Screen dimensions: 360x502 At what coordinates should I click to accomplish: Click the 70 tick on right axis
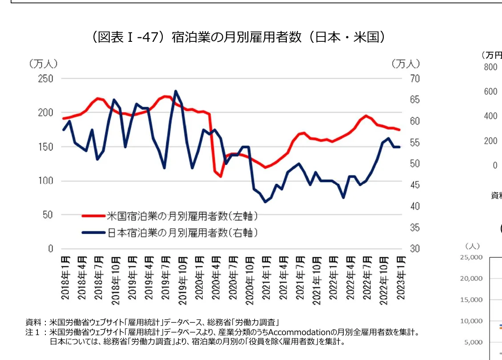[414, 79]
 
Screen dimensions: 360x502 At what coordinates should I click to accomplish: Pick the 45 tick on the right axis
[414, 185]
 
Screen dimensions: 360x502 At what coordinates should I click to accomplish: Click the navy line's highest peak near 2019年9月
[176, 91]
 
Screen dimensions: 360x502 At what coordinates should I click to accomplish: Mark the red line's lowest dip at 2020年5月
[220, 176]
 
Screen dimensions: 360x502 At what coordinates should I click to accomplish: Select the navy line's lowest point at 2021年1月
[265, 202]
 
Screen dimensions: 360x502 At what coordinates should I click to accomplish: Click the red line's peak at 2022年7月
[365, 116]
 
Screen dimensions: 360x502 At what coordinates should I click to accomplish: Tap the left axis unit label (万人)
[43, 64]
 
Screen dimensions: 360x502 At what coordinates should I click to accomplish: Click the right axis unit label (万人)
[406, 64]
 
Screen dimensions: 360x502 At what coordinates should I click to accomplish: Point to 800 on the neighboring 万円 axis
[490, 67]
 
